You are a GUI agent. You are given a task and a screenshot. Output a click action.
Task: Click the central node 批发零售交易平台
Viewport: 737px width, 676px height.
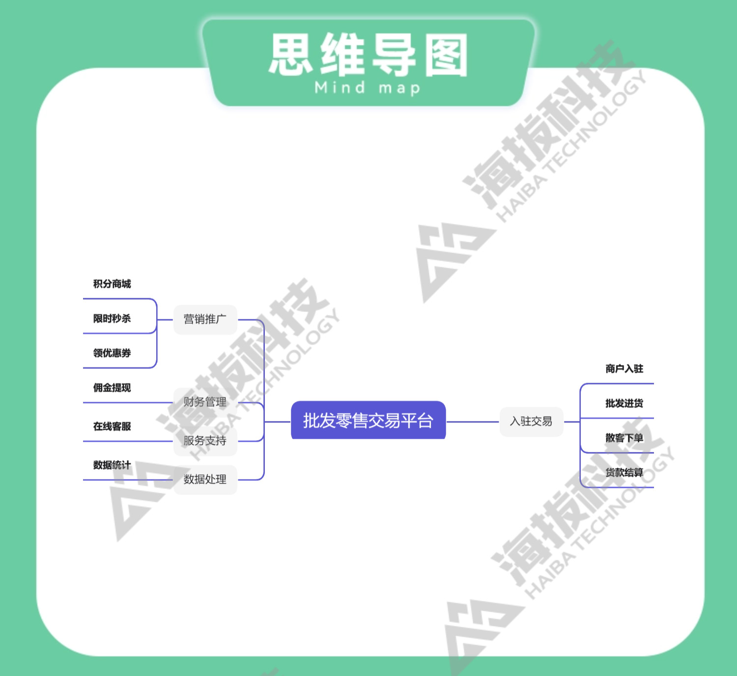pyautogui.click(x=368, y=421)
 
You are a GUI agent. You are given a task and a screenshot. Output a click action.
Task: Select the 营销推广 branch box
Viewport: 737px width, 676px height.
pyautogui.click(x=205, y=319)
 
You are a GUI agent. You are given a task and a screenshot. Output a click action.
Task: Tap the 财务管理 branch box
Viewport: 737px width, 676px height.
pyautogui.click(x=205, y=402)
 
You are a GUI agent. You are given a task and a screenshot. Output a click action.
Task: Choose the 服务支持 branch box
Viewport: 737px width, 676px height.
pyautogui.click(x=205, y=441)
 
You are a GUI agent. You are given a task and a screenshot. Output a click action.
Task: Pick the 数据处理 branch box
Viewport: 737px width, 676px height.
pyautogui.click(x=205, y=479)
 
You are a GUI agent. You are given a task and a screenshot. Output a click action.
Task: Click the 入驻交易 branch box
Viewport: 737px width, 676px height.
pyautogui.click(x=531, y=422)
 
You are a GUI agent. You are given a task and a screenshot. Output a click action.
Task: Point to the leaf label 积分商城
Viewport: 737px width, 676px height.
pyautogui.click(x=112, y=284)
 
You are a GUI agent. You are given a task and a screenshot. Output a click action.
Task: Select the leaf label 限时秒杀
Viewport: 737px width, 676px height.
pyautogui.click(x=112, y=318)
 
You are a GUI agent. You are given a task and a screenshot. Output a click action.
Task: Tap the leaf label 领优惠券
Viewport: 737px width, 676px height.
pyautogui.click(x=112, y=353)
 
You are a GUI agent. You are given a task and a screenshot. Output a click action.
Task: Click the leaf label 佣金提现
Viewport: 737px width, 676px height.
pyautogui.click(x=112, y=388)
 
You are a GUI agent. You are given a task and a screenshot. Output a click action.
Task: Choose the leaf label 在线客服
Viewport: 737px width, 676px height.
pyautogui.click(x=112, y=426)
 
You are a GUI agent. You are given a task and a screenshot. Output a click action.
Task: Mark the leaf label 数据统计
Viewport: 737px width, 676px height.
pyautogui.click(x=112, y=465)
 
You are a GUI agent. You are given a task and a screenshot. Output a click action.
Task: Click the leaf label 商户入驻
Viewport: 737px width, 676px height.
pyautogui.click(x=624, y=369)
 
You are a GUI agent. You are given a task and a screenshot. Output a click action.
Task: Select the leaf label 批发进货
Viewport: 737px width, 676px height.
pyautogui.click(x=624, y=403)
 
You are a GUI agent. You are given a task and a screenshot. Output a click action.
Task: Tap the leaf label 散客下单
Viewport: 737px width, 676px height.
pyautogui.click(x=624, y=438)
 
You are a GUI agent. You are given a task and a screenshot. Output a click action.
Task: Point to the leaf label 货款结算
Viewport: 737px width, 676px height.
pyautogui.click(x=624, y=473)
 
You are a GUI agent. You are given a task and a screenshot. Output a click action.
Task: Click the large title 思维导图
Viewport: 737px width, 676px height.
pyautogui.click(x=368, y=55)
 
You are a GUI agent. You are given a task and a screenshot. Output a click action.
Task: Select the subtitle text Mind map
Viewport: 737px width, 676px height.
pyautogui.click(x=368, y=88)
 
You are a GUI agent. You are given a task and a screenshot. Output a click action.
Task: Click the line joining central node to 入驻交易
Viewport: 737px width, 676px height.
pyautogui.click(x=473, y=422)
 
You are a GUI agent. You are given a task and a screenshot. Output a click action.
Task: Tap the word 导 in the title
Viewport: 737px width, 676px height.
pyautogui.click(x=394, y=55)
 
